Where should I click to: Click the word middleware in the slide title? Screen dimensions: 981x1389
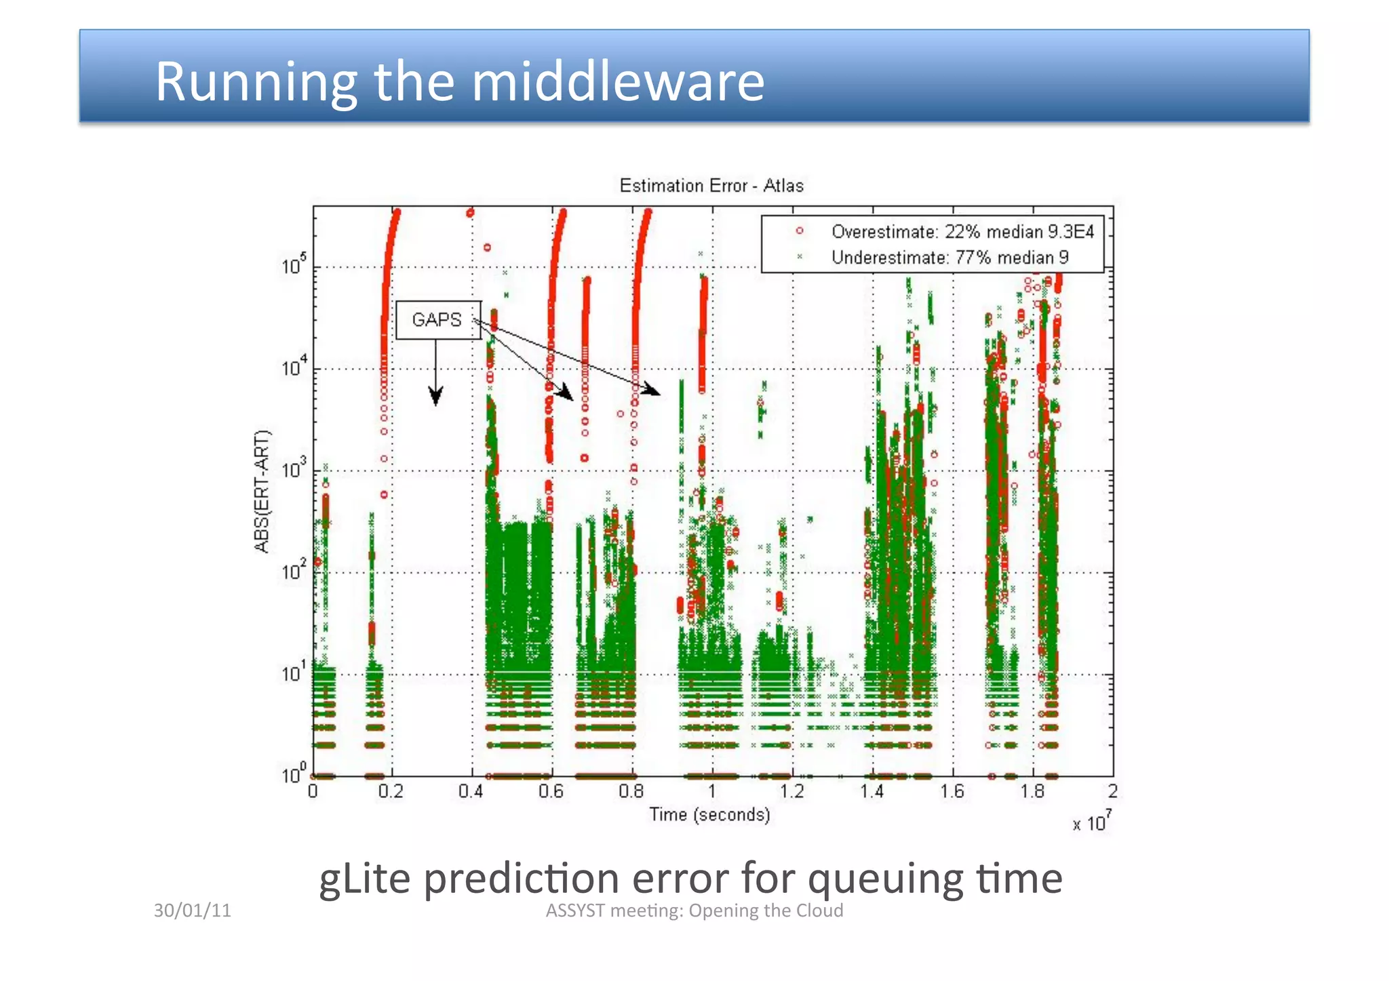(617, 81)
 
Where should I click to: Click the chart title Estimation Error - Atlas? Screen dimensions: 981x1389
(711, 186)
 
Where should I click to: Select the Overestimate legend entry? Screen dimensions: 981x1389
(962, 232)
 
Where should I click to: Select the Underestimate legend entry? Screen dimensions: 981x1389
(950, 258)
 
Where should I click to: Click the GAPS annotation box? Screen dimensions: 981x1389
(437, 320)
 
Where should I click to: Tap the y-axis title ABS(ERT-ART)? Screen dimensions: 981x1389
(262, 491)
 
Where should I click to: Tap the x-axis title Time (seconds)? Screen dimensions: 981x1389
(709, 814)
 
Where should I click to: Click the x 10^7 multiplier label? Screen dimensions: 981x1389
(1091, 822)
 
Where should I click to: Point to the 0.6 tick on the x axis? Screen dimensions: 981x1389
(551, 791)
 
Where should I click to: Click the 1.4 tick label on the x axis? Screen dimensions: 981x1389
(872, 791)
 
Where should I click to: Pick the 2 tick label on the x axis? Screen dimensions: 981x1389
(1112, 791)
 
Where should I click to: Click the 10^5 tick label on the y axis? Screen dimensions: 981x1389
(294, 266)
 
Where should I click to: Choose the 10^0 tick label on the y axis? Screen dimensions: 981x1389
(294, 774)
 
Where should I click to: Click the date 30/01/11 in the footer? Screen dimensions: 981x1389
(192, 910)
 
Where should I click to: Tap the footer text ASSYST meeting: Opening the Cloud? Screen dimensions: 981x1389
(694, 910)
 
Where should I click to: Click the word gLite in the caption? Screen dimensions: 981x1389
(364, 879)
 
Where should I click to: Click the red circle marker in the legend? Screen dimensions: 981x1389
(800, 231)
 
